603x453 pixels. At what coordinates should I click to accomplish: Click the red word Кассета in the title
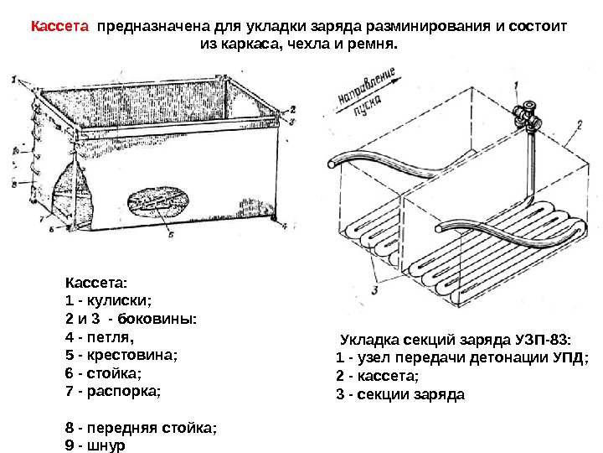(x=59, y=26)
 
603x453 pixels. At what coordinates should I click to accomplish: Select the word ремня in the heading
(x=374, y=42)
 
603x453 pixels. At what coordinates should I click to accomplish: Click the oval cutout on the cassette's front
(x=158, y=204)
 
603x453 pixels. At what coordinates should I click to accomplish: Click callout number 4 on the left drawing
(x=284, y=226)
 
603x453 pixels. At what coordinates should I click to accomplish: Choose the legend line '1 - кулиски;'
(x=109, y=300)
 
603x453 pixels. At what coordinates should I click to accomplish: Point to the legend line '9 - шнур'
(x=94, y=445)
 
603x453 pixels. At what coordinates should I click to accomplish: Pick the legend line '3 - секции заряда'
(x=399, y=393)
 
